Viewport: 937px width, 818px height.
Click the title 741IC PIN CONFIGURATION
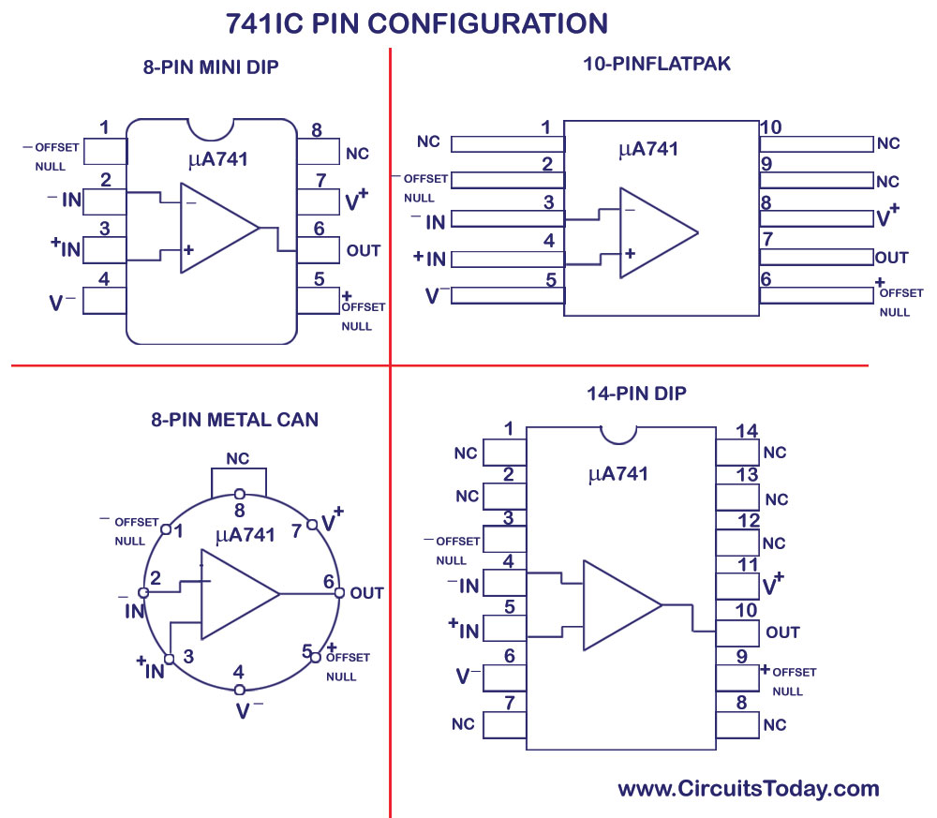417,22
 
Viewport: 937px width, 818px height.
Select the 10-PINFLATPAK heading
656,65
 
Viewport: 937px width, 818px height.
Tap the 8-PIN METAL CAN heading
234,420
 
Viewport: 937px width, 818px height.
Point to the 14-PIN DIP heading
636,394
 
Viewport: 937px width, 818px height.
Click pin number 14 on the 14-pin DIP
746,431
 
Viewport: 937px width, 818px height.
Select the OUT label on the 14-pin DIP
782,632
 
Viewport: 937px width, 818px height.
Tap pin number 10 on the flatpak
770,127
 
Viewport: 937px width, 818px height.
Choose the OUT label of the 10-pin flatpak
891,258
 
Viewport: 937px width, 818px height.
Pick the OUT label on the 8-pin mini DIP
364,250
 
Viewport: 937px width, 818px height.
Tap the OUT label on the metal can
366,593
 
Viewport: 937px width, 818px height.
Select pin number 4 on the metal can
239,672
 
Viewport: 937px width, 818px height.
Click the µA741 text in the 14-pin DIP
617,474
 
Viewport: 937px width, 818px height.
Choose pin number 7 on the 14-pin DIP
509,702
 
